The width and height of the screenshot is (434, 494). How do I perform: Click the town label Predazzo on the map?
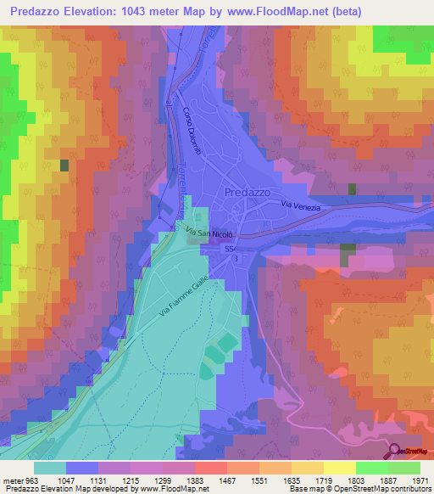click(248, 193)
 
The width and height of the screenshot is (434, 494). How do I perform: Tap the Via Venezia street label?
click(302, 205)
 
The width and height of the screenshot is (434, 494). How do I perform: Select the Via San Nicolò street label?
click(209, 232)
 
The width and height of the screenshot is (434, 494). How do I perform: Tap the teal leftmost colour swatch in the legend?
click(49, 467)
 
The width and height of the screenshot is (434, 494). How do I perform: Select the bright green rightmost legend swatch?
click(403, 467)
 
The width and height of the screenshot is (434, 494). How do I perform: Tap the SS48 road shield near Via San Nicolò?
click(231, 248)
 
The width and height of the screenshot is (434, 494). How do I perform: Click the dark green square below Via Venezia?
click(348, 253)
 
